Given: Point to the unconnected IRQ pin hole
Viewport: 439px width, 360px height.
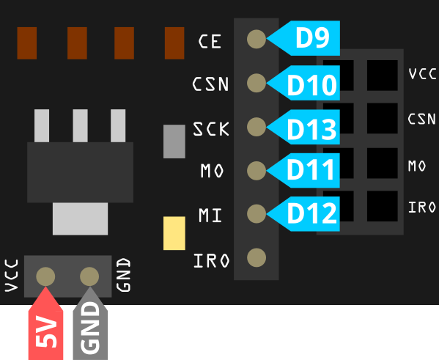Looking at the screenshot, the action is click(257, 257).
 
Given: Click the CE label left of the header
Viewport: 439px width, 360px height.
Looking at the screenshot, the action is click(210, 42).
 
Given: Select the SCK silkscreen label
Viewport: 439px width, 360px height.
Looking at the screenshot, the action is click(211, 129).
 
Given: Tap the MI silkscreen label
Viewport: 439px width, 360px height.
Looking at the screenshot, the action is click(210, 215).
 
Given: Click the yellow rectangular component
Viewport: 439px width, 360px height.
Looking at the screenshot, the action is click(174, 233).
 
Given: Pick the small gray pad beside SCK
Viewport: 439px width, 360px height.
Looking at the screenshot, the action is click(174, 142).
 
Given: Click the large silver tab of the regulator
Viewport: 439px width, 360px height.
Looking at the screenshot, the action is click(80, 218).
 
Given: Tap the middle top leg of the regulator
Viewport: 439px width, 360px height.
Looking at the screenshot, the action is click(80, 126).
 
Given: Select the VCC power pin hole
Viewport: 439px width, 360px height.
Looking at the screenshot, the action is click(45, 276).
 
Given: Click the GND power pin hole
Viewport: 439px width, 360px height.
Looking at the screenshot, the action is click(89, 276).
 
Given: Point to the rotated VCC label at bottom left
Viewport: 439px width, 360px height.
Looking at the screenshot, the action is click(12, 276).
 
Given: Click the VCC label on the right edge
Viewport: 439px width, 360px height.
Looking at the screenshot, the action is click(422, 74).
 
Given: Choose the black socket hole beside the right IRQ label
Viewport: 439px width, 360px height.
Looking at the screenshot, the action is click(383, 206).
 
